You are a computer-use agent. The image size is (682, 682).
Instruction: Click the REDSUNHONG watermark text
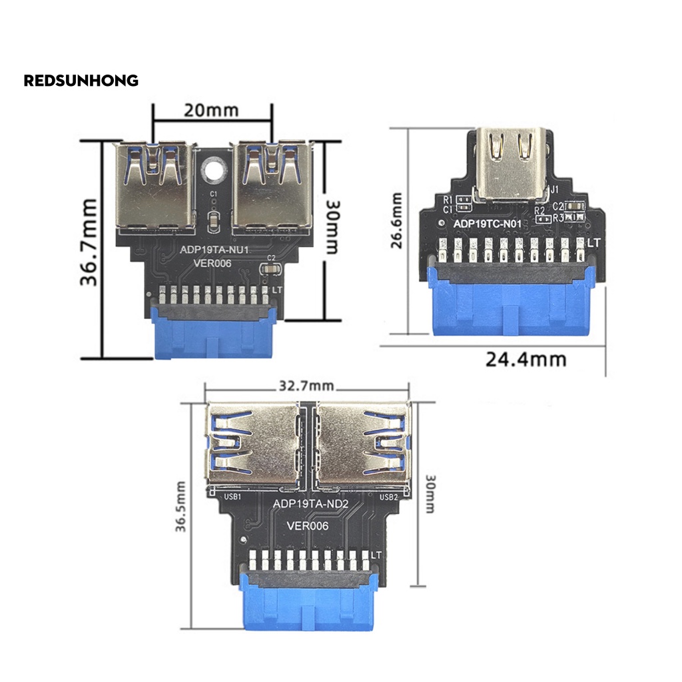81,81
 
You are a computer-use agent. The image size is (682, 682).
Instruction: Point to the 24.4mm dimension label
525,360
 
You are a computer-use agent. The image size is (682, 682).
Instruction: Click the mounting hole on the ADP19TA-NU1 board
213,169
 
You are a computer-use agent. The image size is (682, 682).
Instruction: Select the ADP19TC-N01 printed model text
487,224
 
